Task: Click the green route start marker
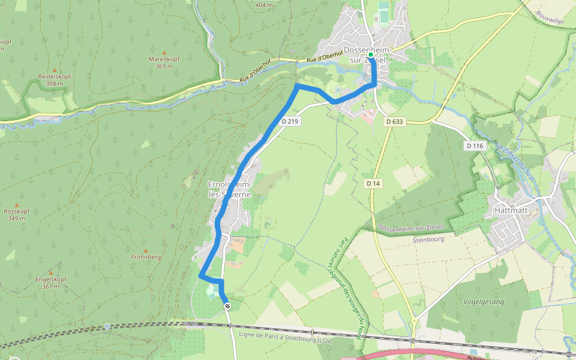click(x=371, y=55)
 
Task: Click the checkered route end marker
click(x=227, y=307)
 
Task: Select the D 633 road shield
click(x=394, y=121)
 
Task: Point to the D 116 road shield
click(x=474, y=146)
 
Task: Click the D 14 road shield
click(x=373, y=183)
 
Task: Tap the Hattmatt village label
click(x=509, y=211)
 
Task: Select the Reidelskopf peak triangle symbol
click(x=55, y=70)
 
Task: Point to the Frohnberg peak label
click(x=145, y=257)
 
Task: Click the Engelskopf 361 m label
click(x=50, y=283)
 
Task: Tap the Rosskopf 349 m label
click(x=17, y=214)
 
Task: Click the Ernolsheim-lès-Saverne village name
click(x=229, y=189)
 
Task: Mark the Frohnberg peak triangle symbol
click(x=145, y=250)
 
